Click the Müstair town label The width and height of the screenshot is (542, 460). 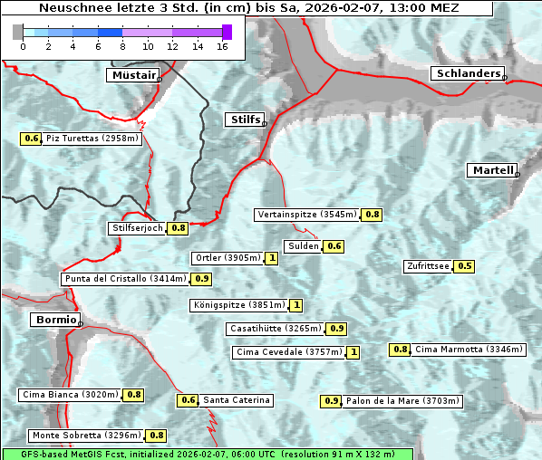132,75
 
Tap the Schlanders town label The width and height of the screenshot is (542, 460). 468,73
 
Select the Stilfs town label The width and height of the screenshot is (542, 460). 244,120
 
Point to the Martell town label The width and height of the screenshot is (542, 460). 492,170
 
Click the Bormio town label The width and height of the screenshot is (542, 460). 54,320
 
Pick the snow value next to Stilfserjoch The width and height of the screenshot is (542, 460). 179,228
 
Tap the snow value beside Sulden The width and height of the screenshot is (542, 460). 334,246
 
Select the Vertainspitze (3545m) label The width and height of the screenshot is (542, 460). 306,215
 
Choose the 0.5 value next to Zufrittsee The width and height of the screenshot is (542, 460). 464,266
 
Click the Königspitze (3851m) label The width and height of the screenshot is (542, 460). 238,305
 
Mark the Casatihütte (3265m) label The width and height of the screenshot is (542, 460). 275,329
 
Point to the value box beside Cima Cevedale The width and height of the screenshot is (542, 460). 353,352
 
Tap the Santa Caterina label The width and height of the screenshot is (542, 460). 236,400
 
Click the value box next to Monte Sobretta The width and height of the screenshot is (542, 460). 157,436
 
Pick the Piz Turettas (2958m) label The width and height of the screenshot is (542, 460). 92,139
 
